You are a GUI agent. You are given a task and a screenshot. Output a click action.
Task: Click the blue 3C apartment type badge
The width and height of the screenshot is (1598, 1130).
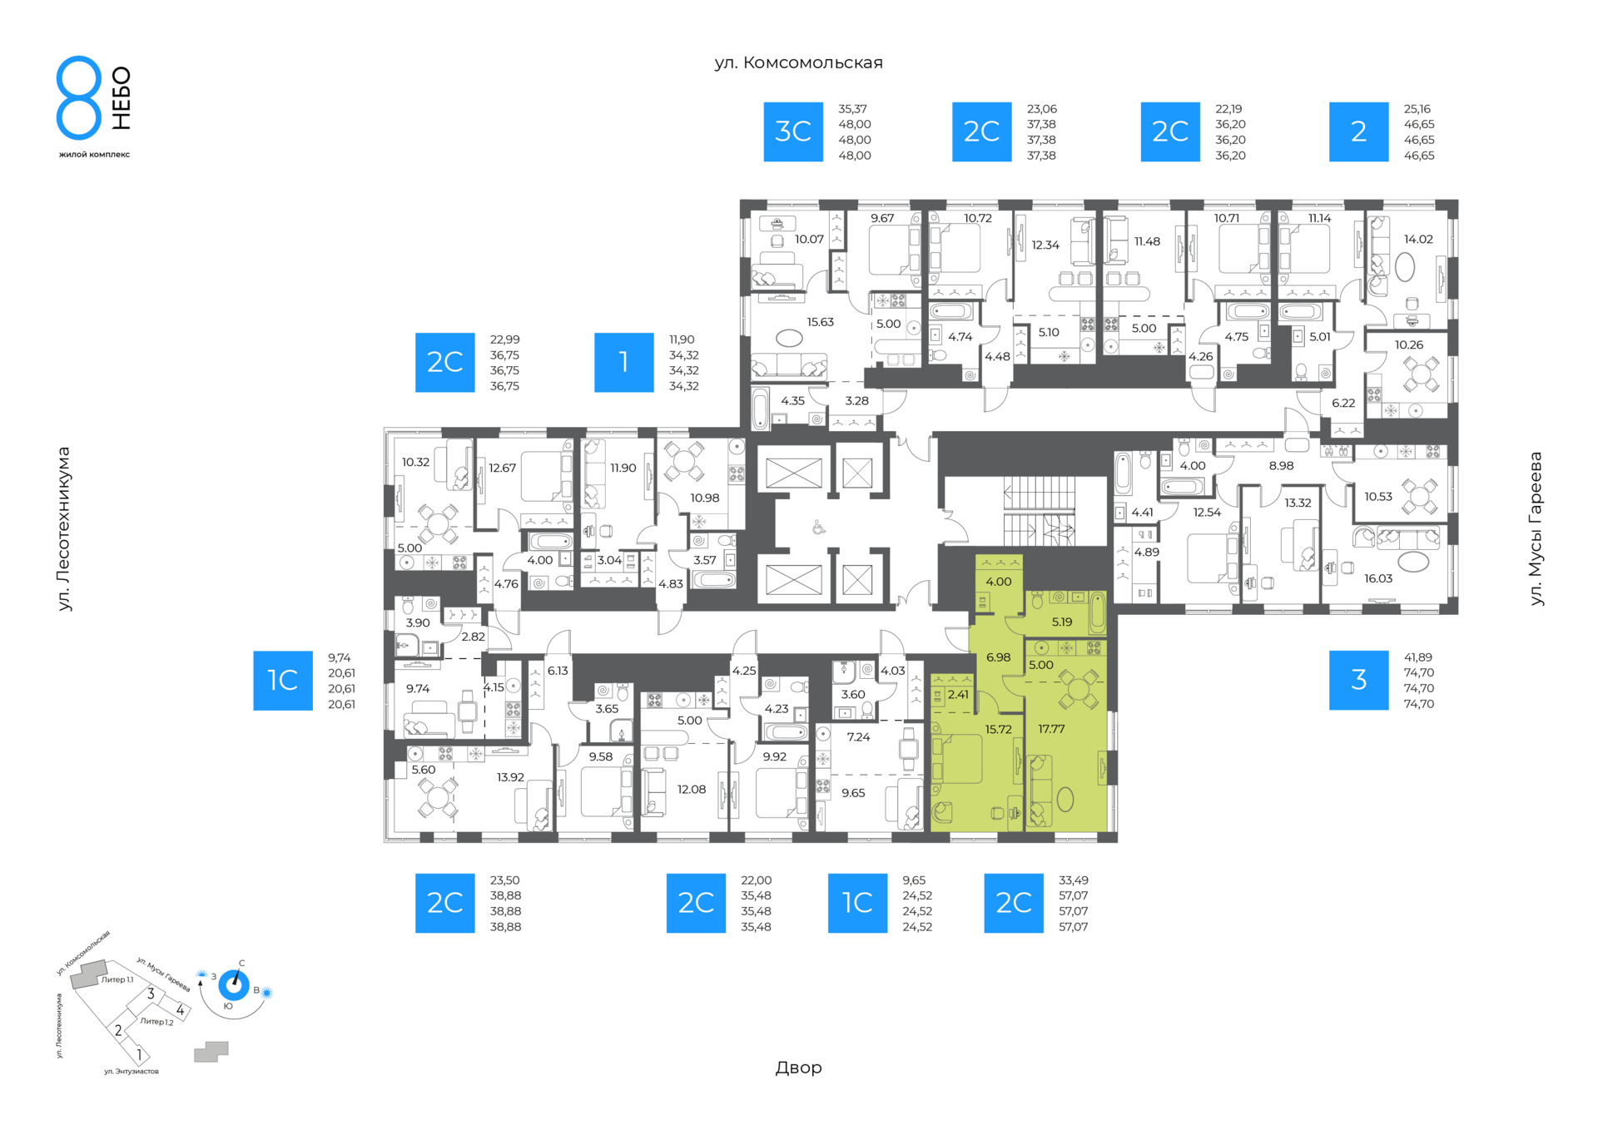pyautogui.click(x=793, y=131)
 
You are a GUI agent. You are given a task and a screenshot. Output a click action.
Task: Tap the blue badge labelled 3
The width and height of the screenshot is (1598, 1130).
pyautogui.click(x=1358, y=680)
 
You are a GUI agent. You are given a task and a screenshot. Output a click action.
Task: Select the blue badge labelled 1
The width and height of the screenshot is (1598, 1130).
pyautogui.click(x=623, y=362)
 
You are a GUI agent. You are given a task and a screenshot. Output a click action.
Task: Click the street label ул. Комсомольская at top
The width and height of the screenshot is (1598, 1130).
pyautogui.click(x=798, y=63)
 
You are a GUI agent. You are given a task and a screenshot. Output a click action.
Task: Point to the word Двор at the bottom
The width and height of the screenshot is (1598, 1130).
pyautogui.click(x=799, y=1068)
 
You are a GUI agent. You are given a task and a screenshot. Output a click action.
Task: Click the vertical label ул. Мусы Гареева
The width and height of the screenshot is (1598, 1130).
pyautogui.click(x=1536, y=528)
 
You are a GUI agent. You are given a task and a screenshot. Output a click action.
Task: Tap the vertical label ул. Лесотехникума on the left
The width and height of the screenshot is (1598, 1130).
pyautogui.click(x=64, y=529)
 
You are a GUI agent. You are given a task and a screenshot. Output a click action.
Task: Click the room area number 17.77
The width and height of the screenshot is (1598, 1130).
pyautogui.click(x=1051, y=729)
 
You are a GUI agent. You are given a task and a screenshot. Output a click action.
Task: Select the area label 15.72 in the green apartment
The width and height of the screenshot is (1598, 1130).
pyautogui.click(x=999, y=730)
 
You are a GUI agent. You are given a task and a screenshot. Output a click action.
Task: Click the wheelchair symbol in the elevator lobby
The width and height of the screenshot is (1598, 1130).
pyautogui.click(x=819, y=527)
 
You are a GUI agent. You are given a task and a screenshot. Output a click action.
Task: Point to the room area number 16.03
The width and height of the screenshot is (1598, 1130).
pyautogui.click(x=1378, y=578)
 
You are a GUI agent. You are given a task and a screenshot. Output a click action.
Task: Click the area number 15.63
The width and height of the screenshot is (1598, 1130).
pyautogui.click(x=820, y=322)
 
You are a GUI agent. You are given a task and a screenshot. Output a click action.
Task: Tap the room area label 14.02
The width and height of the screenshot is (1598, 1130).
pyautogui.click(x=1418, y=239)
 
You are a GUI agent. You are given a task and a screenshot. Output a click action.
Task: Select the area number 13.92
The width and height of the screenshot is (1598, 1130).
pyautogui.click(x=510, y=777)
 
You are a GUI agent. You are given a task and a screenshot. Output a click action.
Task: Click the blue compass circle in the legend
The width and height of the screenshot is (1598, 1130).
pyautogui.click(x=234, y=985)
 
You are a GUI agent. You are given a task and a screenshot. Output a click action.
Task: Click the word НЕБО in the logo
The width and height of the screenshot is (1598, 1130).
pyautogui.click(x=122, y=98)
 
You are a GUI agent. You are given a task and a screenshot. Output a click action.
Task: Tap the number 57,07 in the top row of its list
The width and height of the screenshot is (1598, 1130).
pyautogui.click(x=1073, y=895)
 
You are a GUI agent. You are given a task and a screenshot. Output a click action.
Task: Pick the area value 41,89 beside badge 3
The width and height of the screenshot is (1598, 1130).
pyautogui.click(x=1418, y=657)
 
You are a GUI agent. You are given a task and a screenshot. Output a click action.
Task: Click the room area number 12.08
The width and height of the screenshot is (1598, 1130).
pyautogui.click(x=692, y=789)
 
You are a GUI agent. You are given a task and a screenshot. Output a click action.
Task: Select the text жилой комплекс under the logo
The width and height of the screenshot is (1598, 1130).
pyautogui.click(x=94, y=154)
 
